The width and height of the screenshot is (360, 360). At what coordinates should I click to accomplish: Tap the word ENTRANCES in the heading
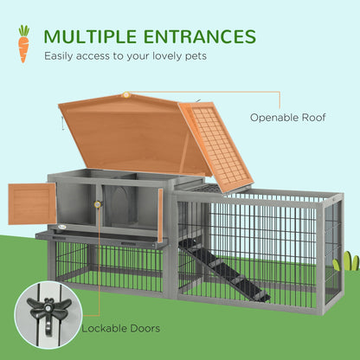click(x=200, y=36)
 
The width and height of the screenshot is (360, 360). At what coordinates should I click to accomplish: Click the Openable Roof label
click(x=288, y=116)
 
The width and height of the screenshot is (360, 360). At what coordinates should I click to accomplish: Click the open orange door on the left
click(x=32, y=204)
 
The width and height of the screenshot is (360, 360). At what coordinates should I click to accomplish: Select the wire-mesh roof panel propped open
click(x=216, y=145)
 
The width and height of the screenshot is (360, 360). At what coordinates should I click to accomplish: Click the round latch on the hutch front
click(x=98, y=205)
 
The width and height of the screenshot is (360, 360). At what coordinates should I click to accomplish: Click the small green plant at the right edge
click(x=349, y=260)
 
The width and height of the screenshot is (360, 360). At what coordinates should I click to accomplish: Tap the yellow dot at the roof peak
click(x=126, y=94)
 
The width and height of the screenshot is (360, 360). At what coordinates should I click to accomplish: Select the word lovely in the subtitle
click(x=161, y=58)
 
